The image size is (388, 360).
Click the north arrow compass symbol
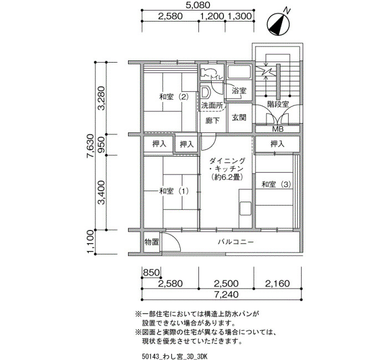click(x=279, y=24)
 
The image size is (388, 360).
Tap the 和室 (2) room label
click(x=173, y=97)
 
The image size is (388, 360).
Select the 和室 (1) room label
click(x=173, y=191)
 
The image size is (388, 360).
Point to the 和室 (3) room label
click(x=277, y=184)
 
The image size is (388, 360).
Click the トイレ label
click(x=217, y=78)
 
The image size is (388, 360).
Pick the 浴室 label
click(x=239, y=91)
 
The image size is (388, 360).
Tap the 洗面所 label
click(x=212, y=106)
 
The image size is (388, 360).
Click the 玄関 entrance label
click(x=239, y=117)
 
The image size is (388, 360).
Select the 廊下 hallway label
click(x=212, y=121)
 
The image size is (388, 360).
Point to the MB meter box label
click(x=278, y=129)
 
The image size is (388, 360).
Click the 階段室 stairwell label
click(x=278, y=104)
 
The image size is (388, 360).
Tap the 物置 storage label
click(x=151, y=242)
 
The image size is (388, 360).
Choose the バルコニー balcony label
click(x=236, y=241)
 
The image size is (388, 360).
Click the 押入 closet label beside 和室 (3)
click(x=277, y=143)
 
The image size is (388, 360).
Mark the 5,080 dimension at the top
click(x=198, y=5)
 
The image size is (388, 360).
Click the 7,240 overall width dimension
click(x=226, y=295)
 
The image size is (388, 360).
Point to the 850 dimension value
click(x=151, y=272)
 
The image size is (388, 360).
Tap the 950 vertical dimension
click(x=101, y=145)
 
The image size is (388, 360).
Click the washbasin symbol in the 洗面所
click(x=206, y=92)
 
